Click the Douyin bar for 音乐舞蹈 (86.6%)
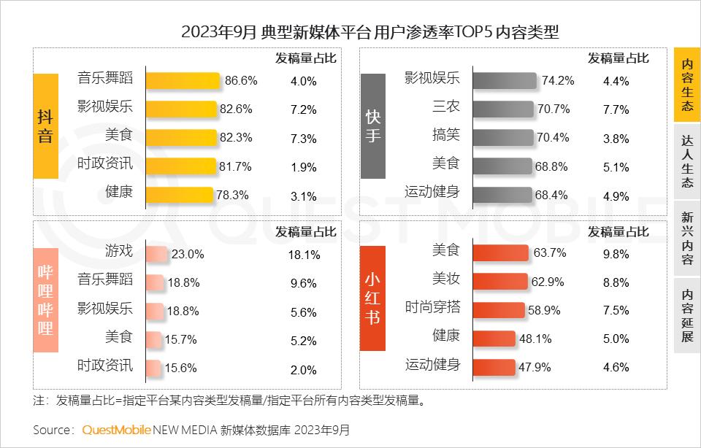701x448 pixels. (x=183, y=80)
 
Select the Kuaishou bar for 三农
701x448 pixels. (x=504, y=109)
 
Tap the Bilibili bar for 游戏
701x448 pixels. (x=157, y=255)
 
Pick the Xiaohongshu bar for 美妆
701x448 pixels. (x=500, y=282)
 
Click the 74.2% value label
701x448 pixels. (x=557, y=81)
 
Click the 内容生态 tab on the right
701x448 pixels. (x=686, y=85)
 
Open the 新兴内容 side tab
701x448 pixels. (x=686, y=239)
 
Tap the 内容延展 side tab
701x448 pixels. (x=686, y=315)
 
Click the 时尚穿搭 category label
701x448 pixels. (x=433, y=308)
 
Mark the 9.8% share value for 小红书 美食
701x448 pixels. (x=616, y=254)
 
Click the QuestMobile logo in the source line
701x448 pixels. (x=117, y=429)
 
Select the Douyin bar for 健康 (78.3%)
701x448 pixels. (x=179, y=195)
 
